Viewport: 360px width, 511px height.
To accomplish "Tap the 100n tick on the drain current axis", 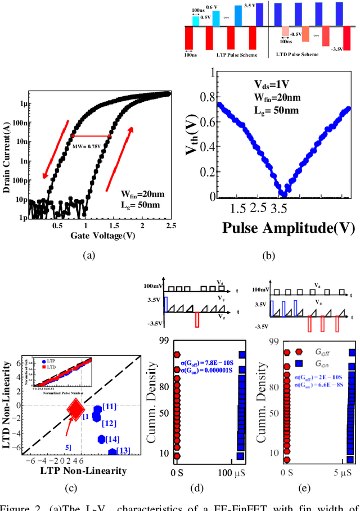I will (21, 122).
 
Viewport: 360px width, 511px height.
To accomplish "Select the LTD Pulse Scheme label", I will (298, 55).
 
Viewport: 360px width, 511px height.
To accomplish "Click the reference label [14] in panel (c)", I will (113, 439).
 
